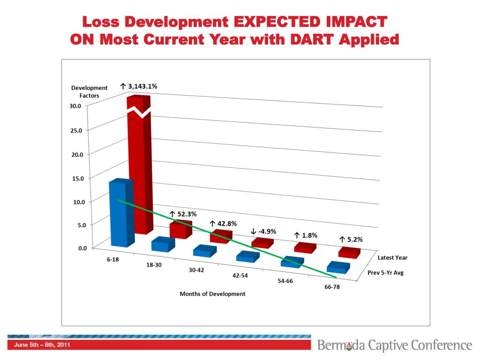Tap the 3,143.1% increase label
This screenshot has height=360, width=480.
[139, 86]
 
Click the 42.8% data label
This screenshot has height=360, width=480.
[223, 224]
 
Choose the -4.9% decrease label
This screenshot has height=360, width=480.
[263, 231]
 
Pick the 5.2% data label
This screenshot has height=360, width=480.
[351, 239]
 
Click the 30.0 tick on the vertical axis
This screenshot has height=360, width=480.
[75, 106]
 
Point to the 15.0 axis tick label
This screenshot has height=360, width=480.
[75, 178]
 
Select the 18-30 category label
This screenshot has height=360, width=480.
[154, 265]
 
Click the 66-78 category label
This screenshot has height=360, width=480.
[332, 287]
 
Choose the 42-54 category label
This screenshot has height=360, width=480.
[240, 276]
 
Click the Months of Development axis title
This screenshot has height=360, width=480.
[212, 294]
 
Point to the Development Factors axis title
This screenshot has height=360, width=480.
[89, 91]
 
